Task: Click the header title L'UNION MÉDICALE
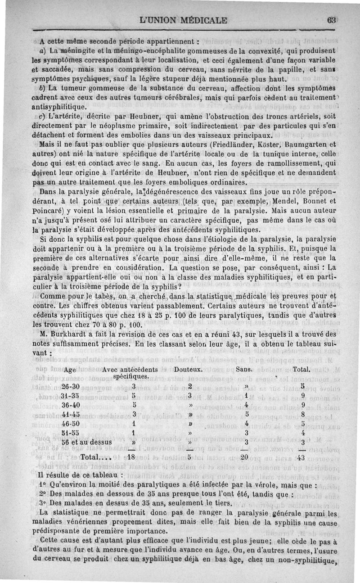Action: pyautogui.click(x=184, y=20)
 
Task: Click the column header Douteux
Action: pyautogui.click(x=189, y=369)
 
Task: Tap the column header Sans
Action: pyautogui.click(x=245, y=369)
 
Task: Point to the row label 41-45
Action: pyautogui.click(x=70, y=414)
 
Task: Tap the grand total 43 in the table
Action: pyautogui.click(x=301, y=457)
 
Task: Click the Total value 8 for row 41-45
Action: pyautogui.click(x=302, y=414)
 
